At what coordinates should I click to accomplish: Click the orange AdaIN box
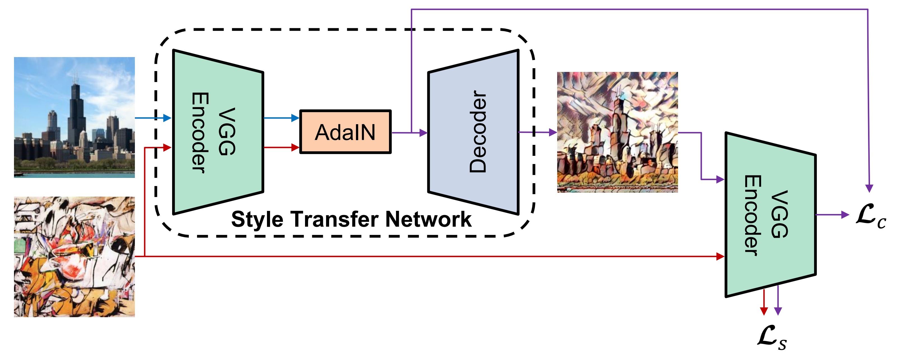[x=345, y=132]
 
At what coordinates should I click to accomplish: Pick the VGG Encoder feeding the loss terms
[x=770, y=214]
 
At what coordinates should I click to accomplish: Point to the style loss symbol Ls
[x=772, y=337]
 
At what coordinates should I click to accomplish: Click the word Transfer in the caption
[x=335, y=220]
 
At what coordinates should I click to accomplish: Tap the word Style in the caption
[x=257, y=220]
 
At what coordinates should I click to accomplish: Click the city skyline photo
[x=74, y=117]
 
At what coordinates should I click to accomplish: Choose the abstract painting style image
[x=74, y=257]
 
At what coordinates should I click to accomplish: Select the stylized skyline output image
[x=617, y=132]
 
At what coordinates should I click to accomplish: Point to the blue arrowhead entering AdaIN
[x=296, y=118]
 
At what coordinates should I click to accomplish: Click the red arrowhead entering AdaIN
[x=296, y=147]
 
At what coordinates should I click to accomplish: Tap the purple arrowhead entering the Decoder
[x=424, y=132]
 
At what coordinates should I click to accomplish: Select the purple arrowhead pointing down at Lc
[x=869, y=189]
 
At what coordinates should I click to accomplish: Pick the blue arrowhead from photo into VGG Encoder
[x=167, y=118]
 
